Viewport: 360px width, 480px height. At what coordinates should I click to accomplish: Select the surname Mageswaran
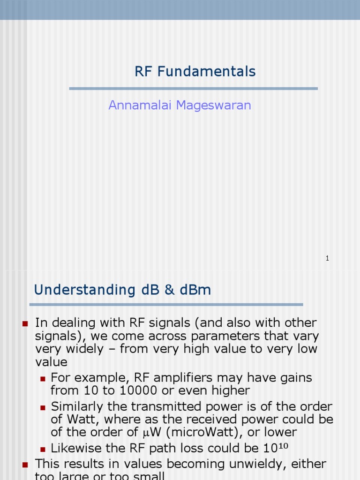coord(214,105)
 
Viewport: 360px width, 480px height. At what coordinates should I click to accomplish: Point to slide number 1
coord(327,258)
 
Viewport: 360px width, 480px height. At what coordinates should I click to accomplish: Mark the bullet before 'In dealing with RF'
coord(25,323)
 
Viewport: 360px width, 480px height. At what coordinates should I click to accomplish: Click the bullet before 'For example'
coord(43,378)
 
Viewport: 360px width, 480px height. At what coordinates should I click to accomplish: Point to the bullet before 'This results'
coord(25,465)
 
